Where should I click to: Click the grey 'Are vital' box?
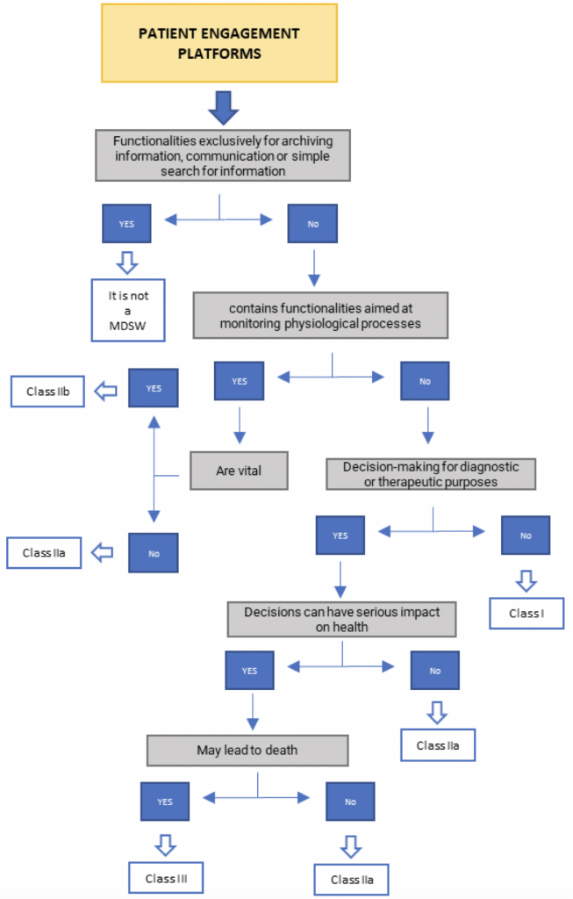coord(239,471)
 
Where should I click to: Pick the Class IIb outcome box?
coord(47,392)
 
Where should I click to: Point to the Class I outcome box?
coord(526,613)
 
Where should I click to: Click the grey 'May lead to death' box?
coord(247,750)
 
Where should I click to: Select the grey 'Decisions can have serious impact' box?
coord(341,619)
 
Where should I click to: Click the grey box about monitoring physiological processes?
coord(320,315)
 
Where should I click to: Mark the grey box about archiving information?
coord(223,155)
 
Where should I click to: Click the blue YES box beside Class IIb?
coord(154,387)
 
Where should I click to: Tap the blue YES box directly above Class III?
coord(165,802)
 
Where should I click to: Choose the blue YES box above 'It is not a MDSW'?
coord(126,223)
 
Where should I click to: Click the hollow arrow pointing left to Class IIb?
coord(106,392)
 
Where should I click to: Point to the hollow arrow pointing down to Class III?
coord(165,845)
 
